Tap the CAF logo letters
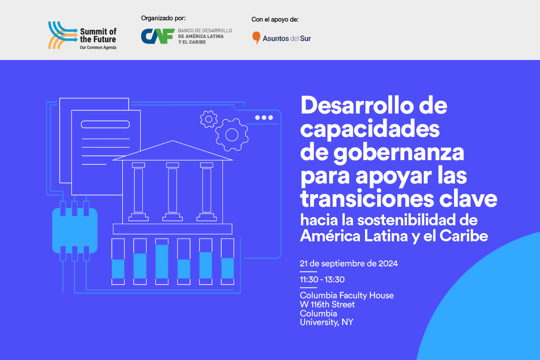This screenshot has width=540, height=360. (157, 36)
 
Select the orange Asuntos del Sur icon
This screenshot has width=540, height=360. (256, 38)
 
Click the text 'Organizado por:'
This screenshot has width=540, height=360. (163, 18)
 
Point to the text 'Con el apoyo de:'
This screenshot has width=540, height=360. (275, 19)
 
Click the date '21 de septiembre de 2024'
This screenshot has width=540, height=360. (349, 263)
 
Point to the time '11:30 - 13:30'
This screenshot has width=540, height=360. (322, 279)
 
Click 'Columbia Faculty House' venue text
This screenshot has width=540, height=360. (347, 295)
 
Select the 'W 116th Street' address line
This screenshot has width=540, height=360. (327, 304)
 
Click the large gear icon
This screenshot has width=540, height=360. (232, 135)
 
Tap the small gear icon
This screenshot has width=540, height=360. (209, 119)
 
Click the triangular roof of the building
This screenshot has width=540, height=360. (172, 151)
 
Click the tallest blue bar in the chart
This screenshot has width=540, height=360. (162, 262)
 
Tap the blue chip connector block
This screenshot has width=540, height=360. (75, 231)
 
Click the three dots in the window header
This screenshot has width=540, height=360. (264, 117)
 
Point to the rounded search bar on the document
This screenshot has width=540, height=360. (105, 124)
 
